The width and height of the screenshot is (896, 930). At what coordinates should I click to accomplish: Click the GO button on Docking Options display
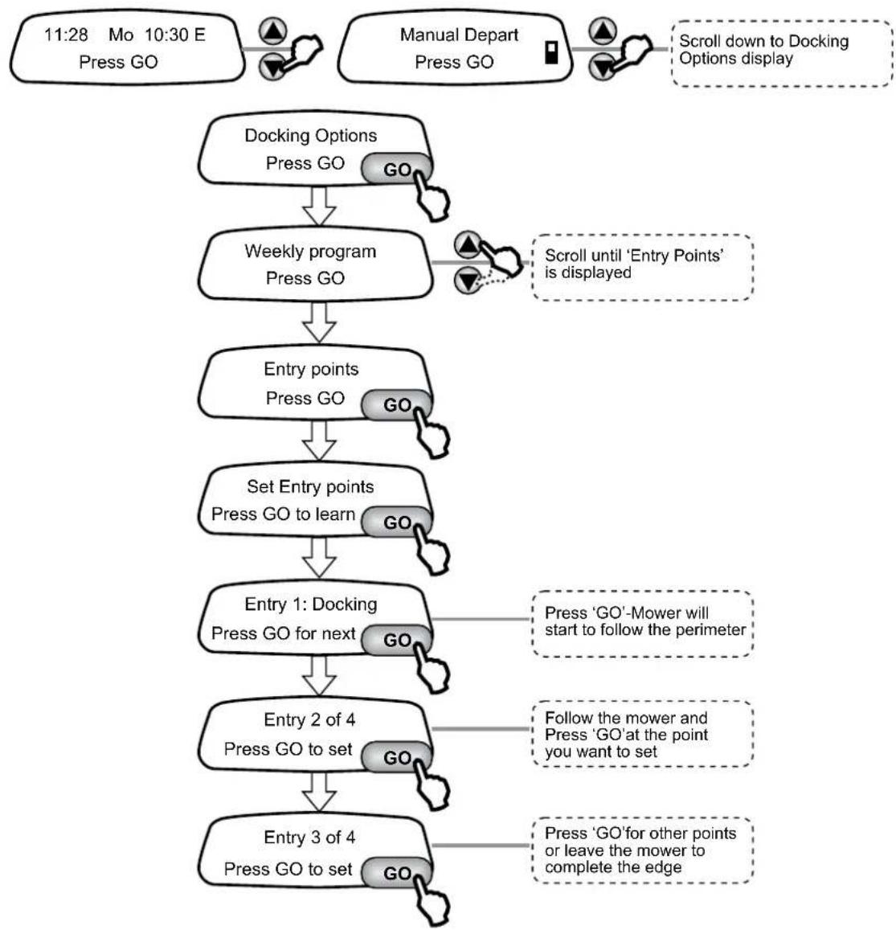(396, 169)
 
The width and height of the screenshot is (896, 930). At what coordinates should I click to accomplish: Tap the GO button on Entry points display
(396, 405)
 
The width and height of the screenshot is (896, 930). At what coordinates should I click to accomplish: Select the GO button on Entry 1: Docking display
(396, 640)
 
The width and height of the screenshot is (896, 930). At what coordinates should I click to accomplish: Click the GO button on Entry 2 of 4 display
(396, 757)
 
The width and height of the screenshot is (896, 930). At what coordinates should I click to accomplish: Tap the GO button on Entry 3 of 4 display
(396, 873)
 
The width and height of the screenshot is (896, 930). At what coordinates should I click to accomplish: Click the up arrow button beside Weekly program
(468, 244)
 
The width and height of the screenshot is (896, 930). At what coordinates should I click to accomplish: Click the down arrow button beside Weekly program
(468, 280)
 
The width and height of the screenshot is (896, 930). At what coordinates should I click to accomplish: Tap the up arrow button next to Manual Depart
(603, 30)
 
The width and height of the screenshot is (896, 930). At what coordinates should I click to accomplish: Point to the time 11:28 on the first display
(66, 35)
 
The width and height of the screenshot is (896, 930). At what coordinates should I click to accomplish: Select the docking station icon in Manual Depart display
(551, 52)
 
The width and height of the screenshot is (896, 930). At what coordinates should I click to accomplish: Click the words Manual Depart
(459, 35)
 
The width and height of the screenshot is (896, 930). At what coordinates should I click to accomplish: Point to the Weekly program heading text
(310, 252)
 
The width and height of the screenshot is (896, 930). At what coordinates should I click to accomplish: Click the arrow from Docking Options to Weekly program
(319, 207)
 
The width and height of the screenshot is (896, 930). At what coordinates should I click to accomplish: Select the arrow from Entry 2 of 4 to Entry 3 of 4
(319, 793)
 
